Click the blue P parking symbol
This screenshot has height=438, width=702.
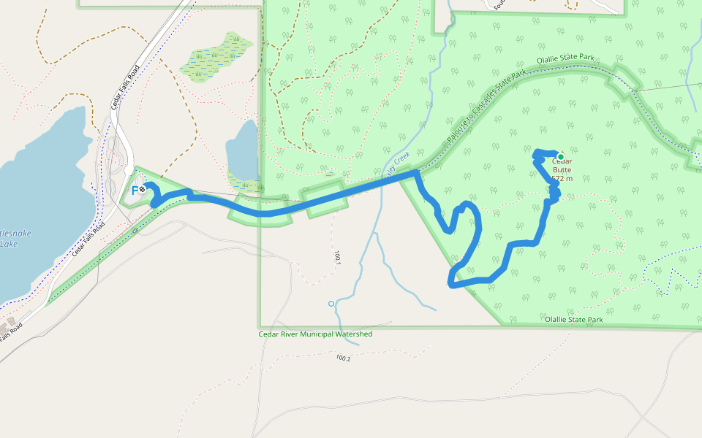click(135, 190)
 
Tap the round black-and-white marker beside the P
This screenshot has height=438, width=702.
click(142, 189)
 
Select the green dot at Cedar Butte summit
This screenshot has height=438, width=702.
click(561, 157)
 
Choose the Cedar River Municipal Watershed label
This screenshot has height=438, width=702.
click(315, 334)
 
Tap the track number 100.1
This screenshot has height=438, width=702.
click(338, 257)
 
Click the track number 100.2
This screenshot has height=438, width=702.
click(343, 358)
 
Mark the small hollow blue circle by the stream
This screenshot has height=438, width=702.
click(331, 303)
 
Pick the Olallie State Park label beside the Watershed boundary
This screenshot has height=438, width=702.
click(573, 320)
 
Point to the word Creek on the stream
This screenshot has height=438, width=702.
click(401, 158)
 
